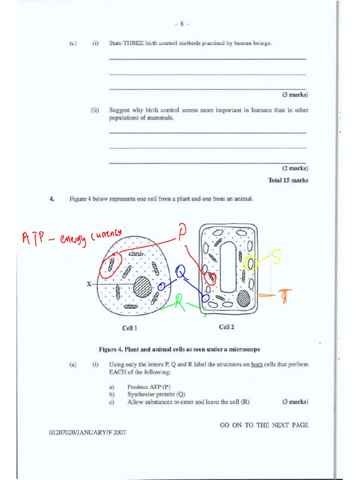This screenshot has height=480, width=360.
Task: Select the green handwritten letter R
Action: click(178, 304)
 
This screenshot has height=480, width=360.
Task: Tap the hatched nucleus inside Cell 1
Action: click(142, 286)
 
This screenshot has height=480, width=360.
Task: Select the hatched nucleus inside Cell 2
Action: click(243, 298)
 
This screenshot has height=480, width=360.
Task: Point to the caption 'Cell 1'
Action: click(129, 328)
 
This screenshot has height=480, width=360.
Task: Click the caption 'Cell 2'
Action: click(226, 327)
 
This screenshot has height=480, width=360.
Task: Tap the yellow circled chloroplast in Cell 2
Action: click(251, 263)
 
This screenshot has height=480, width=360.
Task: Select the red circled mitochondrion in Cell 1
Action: click(111, 264)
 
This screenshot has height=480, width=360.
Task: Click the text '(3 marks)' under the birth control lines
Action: click(295, 95)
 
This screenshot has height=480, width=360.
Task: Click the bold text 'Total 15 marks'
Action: click(288, 180)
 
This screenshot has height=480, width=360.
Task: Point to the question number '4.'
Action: click(52, 199)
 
